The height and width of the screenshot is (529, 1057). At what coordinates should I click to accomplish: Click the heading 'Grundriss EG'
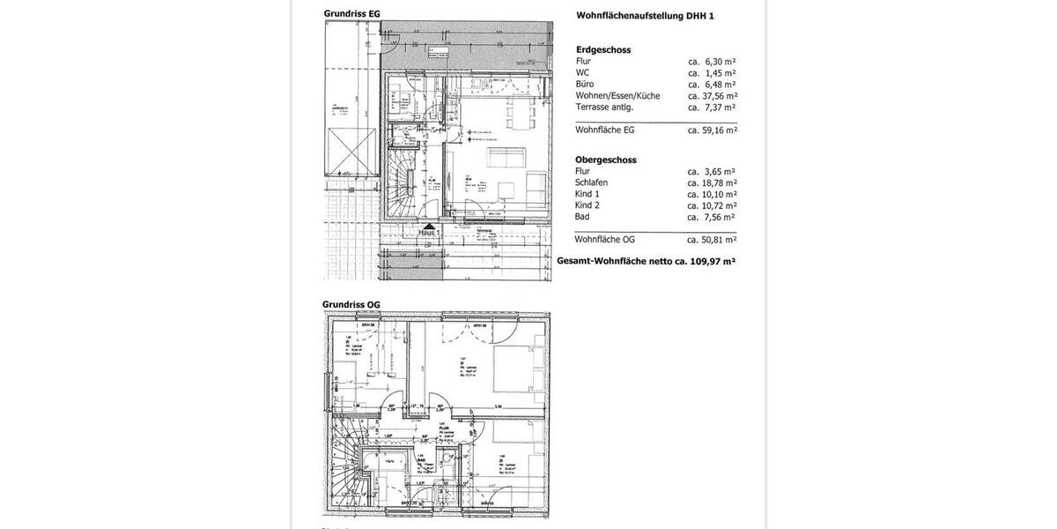point(351,13)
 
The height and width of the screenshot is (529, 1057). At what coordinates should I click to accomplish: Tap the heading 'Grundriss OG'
point(351,304)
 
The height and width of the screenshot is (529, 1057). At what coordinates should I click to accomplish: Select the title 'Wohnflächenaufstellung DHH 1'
point(644,15)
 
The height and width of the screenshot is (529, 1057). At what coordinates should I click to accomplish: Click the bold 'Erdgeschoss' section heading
point(603,50)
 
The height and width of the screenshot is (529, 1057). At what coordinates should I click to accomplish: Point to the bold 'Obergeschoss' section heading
point(605,160)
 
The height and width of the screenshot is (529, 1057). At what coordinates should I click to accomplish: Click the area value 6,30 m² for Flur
point(713,62)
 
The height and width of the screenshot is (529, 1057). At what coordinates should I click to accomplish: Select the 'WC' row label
point(582,73)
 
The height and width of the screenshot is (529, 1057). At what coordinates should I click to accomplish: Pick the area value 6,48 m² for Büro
point(713,85)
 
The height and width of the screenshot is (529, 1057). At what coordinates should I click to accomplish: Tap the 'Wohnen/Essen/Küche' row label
point(617,96)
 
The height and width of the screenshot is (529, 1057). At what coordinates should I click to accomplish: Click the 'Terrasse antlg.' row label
point(605,107)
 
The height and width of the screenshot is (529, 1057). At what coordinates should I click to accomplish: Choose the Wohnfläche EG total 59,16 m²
point(713,130)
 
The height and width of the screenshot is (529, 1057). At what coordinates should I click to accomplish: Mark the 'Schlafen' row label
point(591,183)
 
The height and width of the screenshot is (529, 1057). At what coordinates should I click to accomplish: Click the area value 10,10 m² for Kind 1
point(713,194)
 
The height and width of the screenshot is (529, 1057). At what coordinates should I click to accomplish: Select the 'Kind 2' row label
point(588,205)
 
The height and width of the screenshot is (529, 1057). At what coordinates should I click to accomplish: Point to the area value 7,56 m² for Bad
point(713,217)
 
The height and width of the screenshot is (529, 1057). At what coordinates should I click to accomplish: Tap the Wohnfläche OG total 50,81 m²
point(713,239)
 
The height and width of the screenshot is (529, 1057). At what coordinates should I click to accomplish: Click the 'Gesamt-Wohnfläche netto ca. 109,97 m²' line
point(647,261)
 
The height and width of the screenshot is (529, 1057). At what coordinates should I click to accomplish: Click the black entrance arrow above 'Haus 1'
point(429,226)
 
